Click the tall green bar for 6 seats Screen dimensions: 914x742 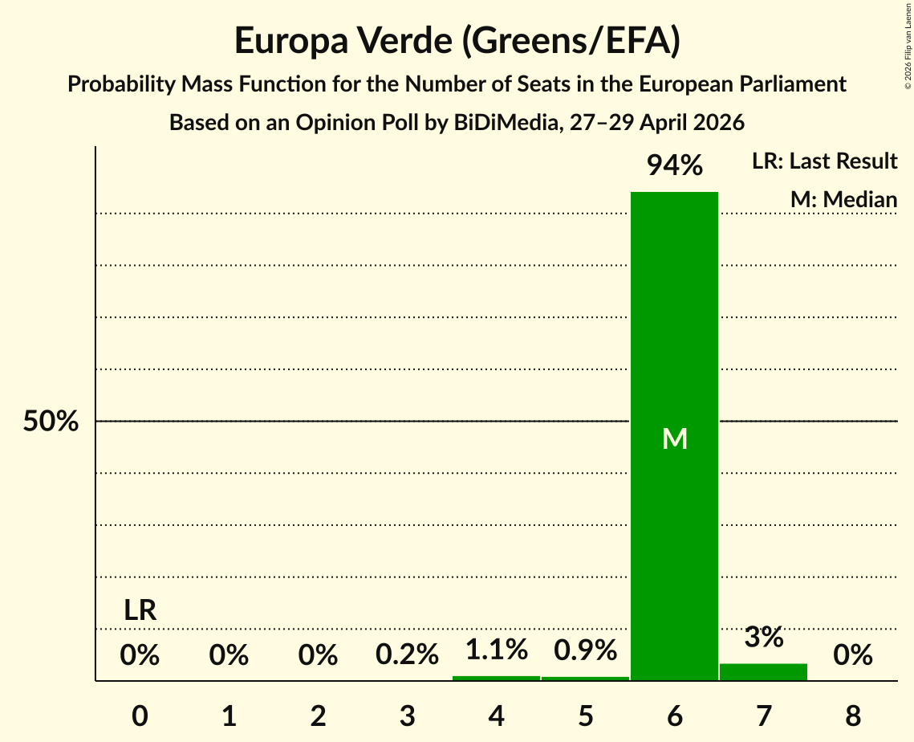[674, 436]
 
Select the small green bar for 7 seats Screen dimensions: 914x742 [764, 672]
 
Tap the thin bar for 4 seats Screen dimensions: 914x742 [496, 679]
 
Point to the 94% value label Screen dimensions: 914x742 [674, 165]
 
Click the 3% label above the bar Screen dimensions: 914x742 [764, 637]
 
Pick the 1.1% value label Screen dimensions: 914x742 [497, 649]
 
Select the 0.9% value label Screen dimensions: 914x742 [585, 650]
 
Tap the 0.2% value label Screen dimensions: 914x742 [407, 654]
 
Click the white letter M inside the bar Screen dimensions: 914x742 [674, 438]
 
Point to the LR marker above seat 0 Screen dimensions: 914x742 [140, 610]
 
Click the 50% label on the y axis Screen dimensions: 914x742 [51, 421]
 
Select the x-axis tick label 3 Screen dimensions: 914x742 [407, 715]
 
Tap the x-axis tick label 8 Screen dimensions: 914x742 [853, 715]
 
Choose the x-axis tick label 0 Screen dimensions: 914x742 [140, 715]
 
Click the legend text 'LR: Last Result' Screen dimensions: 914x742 [824, 161]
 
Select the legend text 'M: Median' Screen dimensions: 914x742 [843, 199]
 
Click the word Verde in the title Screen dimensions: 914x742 [404, 40]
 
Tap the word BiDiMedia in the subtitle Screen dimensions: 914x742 [505, 123]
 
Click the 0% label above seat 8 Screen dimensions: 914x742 [853, 654]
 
